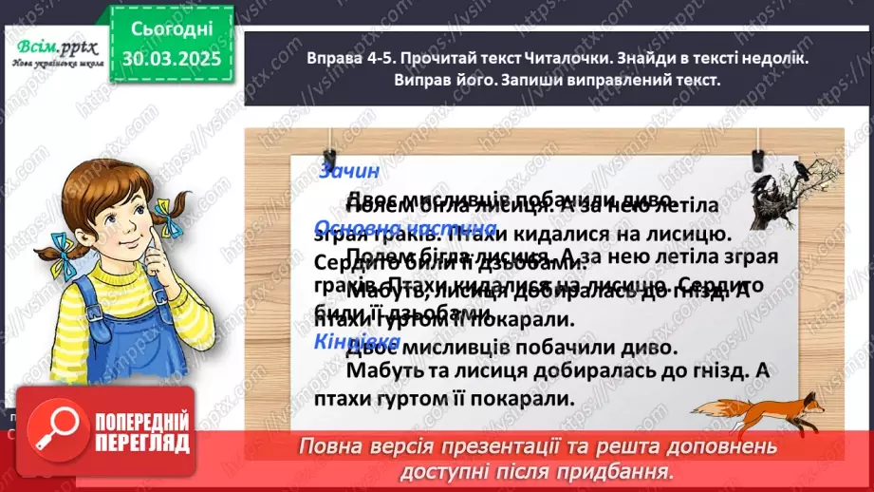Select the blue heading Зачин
pyautogui.click(x=349, y=171)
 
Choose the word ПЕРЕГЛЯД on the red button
pyautogui.click(x=142, y=444)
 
